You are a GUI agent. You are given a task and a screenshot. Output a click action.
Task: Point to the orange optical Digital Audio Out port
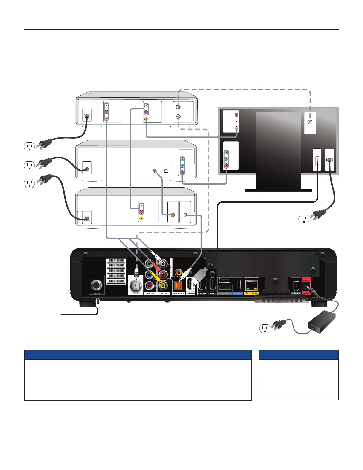[x=179, y=286]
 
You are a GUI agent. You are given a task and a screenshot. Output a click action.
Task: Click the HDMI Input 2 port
[x=212, y=285]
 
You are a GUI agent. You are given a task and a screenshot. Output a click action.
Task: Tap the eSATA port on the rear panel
[x=225, y=287]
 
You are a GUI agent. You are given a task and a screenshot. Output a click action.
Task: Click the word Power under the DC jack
[x=306, y=293]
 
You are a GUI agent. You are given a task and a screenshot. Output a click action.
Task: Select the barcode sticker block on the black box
[x=116, y=271]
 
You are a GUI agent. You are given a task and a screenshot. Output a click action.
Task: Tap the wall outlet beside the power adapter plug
[x=265, y=328]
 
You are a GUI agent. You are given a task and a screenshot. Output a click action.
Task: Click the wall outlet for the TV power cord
[x=304, y=219]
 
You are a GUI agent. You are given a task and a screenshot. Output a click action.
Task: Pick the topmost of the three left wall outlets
[x=29, y=147]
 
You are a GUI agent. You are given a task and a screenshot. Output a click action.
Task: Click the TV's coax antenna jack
[x=310, y=122]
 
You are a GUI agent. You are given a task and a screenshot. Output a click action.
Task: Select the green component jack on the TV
[x=226, y=152]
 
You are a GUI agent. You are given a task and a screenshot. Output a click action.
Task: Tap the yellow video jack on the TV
[x=236, y=128]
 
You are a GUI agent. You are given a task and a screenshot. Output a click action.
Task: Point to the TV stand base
[x=278, y=190]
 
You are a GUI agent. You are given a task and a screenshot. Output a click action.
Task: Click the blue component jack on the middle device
[x=182, y=166]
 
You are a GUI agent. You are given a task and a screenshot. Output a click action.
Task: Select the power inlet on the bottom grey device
[x=87, y=218]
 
